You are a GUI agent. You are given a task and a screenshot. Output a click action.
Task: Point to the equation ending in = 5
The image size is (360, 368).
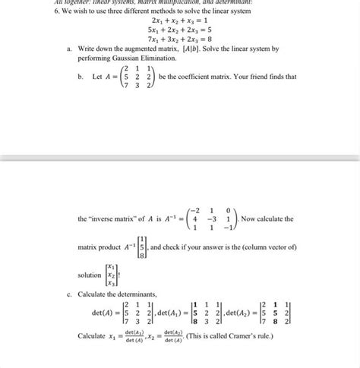[178, 38]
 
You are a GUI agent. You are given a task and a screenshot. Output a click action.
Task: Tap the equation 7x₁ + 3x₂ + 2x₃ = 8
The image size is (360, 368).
[178, 48]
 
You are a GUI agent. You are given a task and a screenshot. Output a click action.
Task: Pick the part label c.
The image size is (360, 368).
[70, 296]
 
